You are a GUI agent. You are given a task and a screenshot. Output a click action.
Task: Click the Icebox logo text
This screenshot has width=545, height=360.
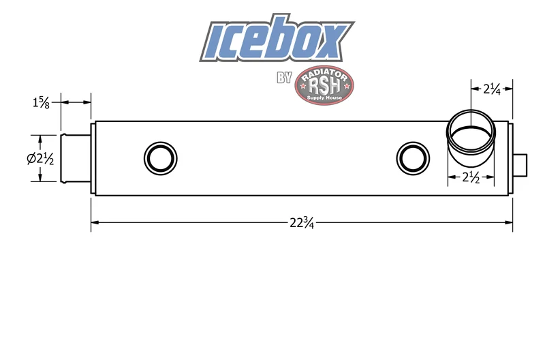[x=277, y=38]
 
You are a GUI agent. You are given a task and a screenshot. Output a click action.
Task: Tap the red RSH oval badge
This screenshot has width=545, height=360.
[x=324, y=85]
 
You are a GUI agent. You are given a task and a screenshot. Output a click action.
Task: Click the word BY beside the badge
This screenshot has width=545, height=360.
[x=284, y=78]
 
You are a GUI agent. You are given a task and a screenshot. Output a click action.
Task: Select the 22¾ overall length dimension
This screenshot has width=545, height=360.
[x=302, y=222]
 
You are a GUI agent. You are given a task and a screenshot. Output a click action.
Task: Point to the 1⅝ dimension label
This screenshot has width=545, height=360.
[x=41, y=102]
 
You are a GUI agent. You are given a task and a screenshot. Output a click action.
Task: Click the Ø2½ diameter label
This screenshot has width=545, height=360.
[x=40, y=159]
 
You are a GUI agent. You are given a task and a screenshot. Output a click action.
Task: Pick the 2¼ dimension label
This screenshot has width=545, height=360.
[x=491, y=89]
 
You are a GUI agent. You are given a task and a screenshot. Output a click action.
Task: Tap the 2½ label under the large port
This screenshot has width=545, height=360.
[x=471, y=177]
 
